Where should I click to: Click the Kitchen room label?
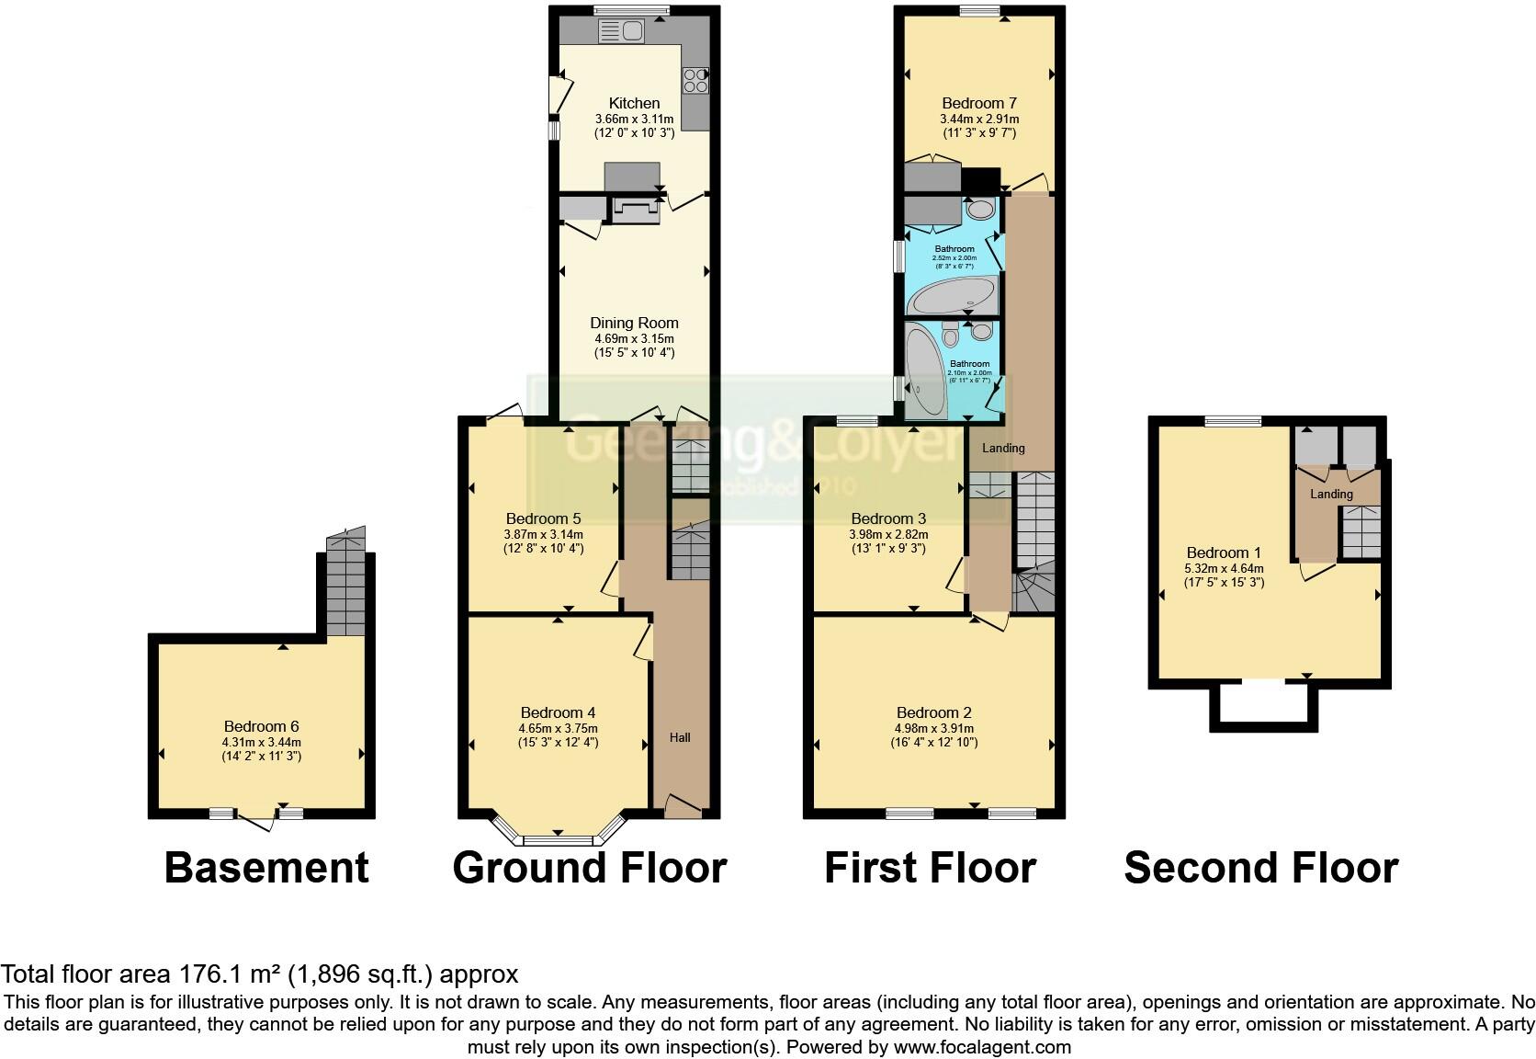tap(634, 103)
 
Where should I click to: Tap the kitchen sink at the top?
tap(621, 32)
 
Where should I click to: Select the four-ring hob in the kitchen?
tap(695, 80)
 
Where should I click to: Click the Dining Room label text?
tap(634, 323)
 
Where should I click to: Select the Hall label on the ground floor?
tap(680, 737)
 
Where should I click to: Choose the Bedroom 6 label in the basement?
tap(261, 726)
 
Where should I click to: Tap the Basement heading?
tap(266, 868)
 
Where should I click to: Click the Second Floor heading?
tap(1260, 868)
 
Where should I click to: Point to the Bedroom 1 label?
tap(1224, 552)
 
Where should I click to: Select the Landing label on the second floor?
tap(1331, 495)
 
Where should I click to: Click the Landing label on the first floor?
tap(1003, 448)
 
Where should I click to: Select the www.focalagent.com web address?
tap(982, 1046)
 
